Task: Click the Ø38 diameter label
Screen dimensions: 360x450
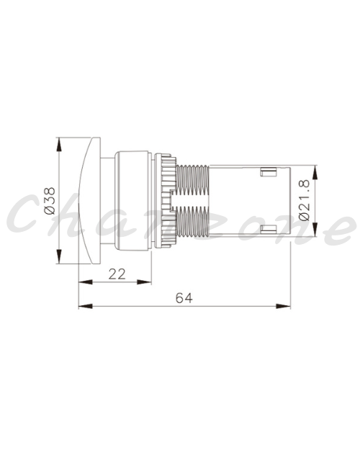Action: (50, 201)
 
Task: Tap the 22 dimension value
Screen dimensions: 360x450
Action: (117, 274)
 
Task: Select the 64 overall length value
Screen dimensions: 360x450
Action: (184, 298)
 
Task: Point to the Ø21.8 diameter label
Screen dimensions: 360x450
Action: (305, 200)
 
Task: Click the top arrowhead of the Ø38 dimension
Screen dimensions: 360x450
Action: (59, 144)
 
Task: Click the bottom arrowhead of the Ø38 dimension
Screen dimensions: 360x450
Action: (59, 256)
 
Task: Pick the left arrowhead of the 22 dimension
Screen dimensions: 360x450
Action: (86, 282)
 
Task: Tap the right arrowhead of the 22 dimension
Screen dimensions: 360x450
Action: (144, 282)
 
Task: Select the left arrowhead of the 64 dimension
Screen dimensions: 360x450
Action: (86, 306)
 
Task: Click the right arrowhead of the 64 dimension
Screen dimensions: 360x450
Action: (284, 306)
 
